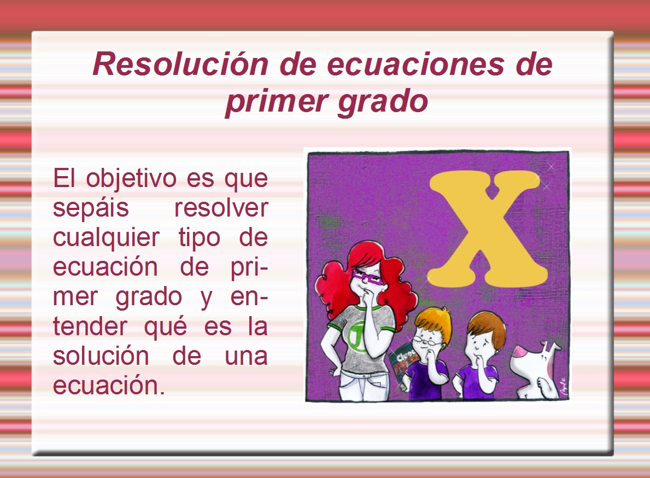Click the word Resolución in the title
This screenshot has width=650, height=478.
(180, 64)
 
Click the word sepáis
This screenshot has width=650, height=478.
(91, 208)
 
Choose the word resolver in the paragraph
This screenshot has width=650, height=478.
(221, 208)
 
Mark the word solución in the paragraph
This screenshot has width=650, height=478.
(101, 356)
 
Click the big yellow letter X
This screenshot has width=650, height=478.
(488, 228)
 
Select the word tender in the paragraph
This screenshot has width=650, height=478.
(90, 327)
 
